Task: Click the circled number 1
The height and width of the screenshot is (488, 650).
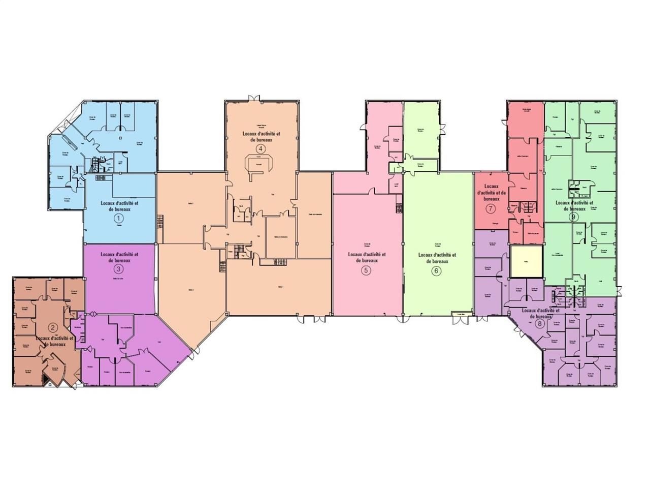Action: click(119, 219)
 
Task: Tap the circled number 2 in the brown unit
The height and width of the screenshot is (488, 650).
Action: click(52, 327)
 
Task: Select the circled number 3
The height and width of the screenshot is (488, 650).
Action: click(118, 269)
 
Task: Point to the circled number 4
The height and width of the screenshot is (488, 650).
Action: click(261, 149)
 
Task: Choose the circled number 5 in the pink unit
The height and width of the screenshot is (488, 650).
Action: click(366, 270)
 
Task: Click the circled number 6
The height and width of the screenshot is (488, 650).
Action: click(436, 270)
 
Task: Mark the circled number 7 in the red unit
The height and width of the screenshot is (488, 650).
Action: click(491, 209)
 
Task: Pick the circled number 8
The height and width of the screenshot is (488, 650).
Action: click(539, 323)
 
